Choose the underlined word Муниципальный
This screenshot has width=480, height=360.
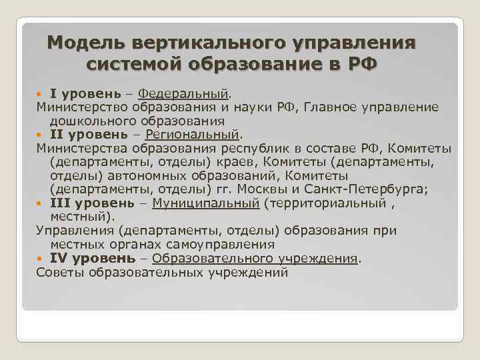[x=205, y=203]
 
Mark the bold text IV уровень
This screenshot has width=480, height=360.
[x=92, y=259]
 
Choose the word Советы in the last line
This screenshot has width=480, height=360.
[x=61, y=273]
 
